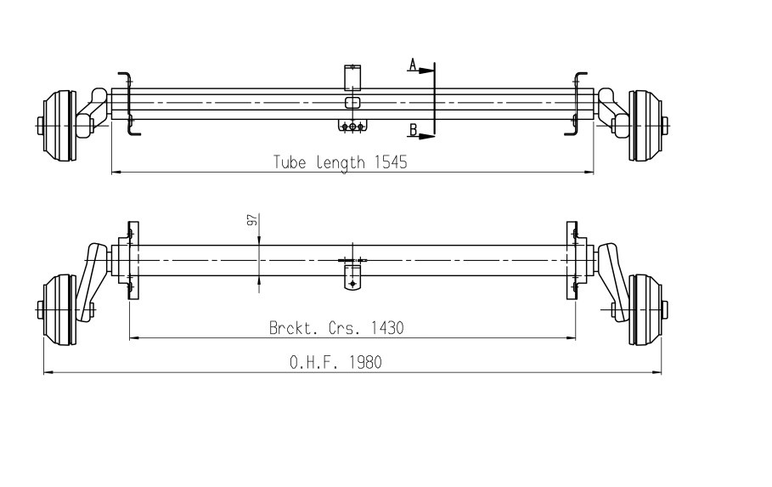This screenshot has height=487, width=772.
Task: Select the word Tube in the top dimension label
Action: coord(290,162)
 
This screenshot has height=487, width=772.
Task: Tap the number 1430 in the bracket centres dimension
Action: coord(387,328)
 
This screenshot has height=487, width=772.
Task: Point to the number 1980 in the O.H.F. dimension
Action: coord(365,363)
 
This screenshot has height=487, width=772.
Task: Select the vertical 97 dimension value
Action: coord(252,220)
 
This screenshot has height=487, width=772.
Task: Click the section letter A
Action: coord(413,64)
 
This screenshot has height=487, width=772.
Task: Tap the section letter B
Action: coord(414,130)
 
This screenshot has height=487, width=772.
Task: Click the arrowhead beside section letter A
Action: coord(427,71)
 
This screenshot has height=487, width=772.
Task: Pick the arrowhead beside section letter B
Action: coord(427,136)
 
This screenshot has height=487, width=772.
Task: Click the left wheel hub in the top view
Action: coord(56,125)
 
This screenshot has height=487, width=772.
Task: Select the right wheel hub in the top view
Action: coord(648,125)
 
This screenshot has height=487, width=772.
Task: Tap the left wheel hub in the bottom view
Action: coord(56,310)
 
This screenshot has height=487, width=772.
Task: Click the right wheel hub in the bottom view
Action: coord(648,310)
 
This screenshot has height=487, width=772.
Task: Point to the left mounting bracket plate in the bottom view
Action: coord(133,260)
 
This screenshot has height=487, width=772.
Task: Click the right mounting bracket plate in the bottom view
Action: coord(572,260)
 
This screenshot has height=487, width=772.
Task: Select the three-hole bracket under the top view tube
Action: coord(352,126)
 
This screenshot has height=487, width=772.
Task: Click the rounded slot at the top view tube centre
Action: coord(352,103)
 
